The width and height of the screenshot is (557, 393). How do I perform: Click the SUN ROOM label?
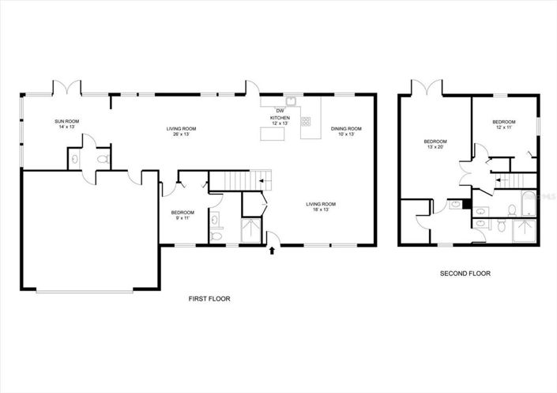point(66,121)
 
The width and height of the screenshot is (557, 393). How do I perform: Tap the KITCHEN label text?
point(280,118)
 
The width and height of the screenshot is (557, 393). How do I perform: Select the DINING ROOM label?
point(346,128)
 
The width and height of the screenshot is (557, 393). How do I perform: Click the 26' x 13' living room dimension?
point(181,134)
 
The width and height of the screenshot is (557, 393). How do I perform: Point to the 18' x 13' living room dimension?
point(318,210)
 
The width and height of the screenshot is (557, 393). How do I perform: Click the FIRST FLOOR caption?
point(209,299)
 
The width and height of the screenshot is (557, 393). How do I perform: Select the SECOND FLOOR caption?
point(465,274)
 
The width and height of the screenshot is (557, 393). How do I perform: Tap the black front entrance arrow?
point(273,251)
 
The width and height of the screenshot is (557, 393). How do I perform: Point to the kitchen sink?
point(291,100)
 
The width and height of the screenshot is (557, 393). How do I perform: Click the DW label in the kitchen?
point(280,110)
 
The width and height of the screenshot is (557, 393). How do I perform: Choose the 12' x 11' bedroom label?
point(503,128)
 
